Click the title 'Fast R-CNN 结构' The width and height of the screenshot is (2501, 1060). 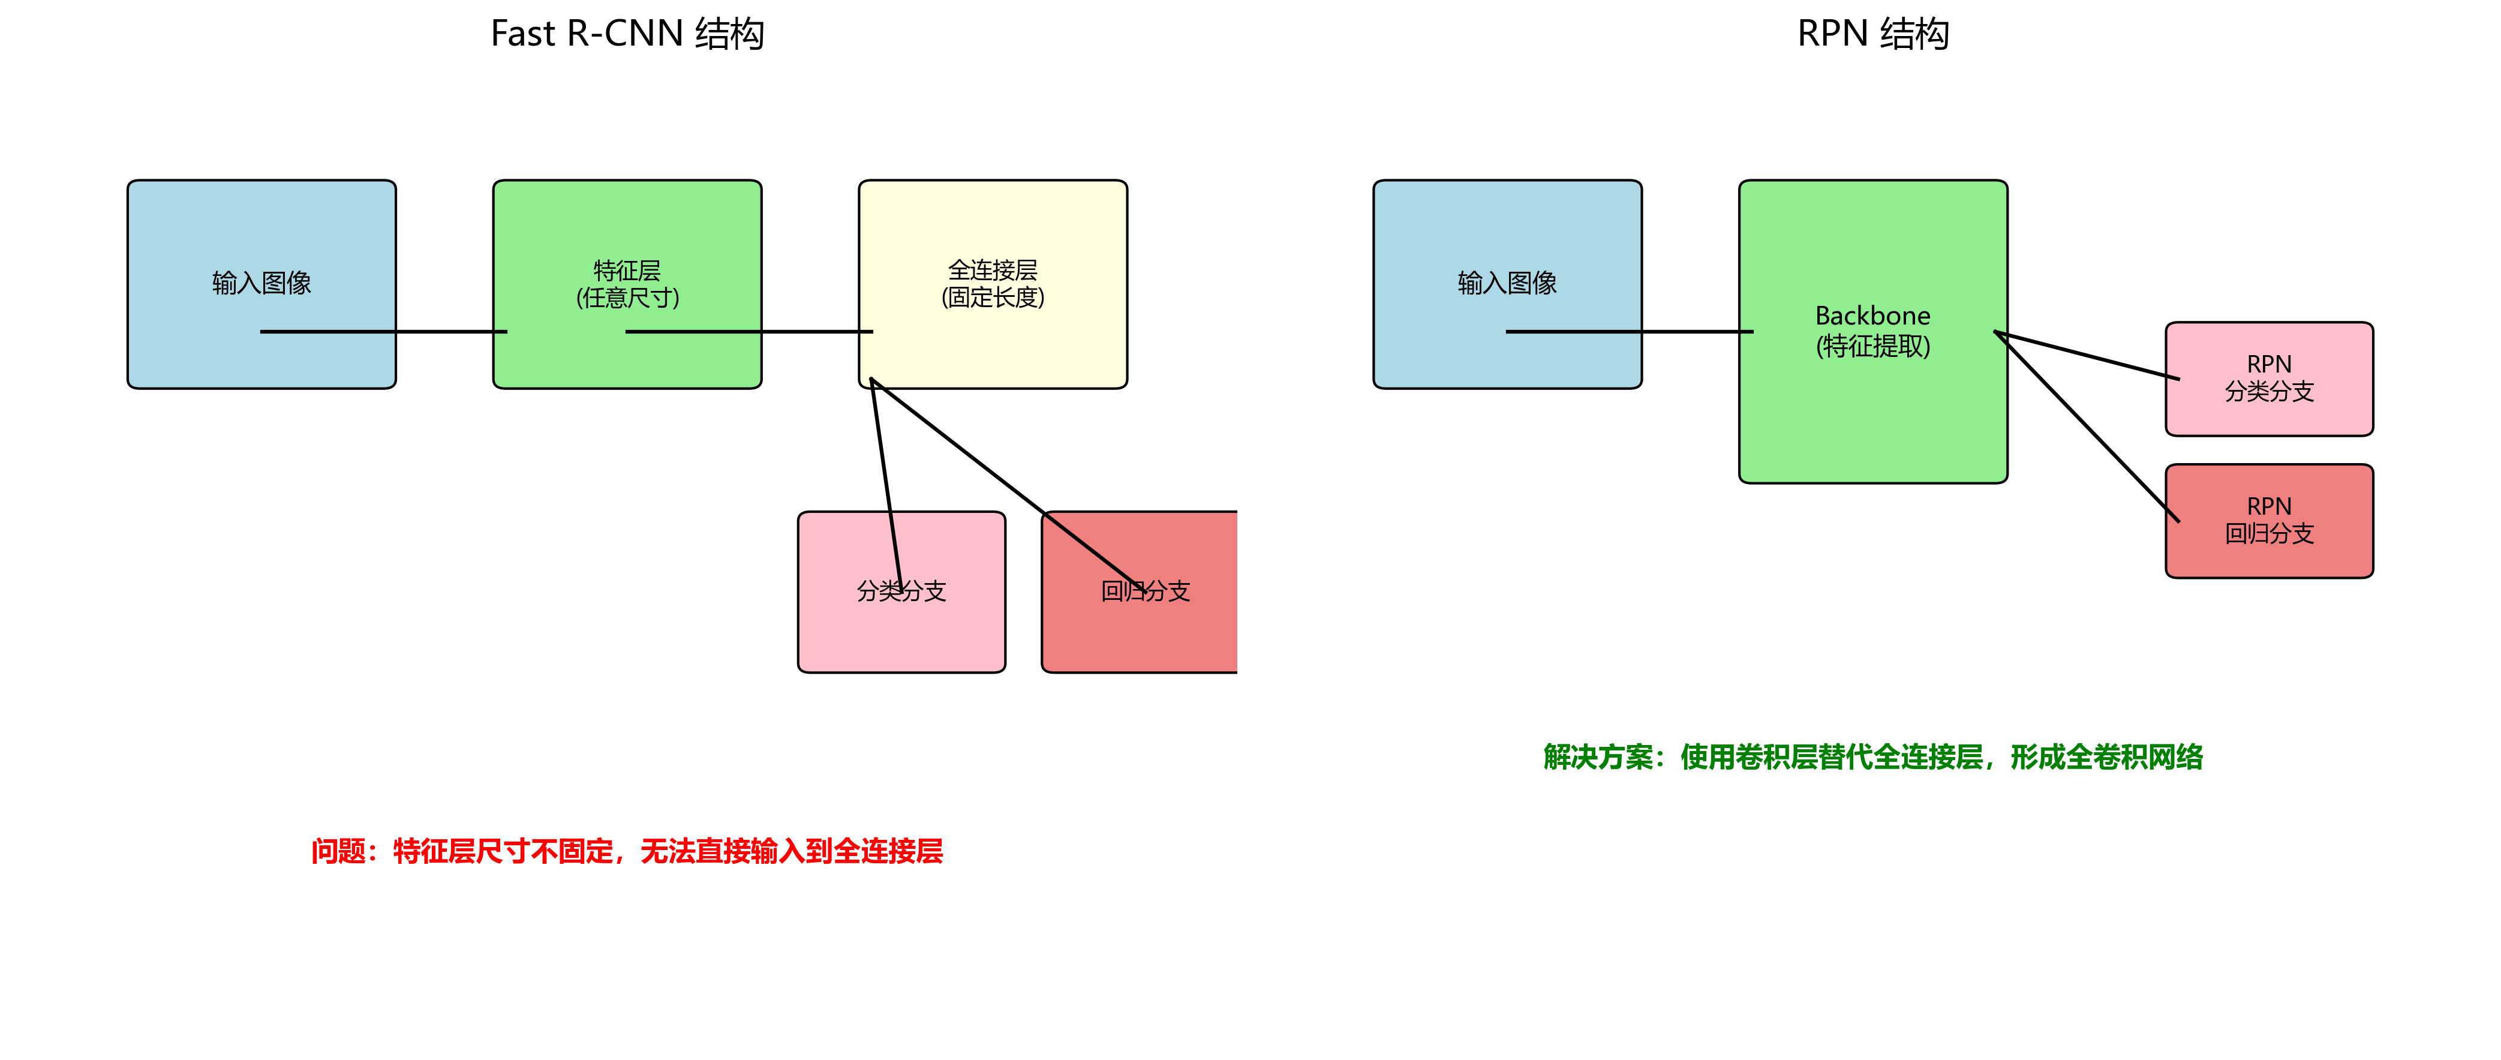627,34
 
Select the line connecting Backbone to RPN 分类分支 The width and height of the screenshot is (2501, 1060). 2087,355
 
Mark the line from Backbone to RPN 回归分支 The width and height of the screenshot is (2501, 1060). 2087,427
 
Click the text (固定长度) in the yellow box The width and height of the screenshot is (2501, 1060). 992,297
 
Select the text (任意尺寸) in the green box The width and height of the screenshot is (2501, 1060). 627,297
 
